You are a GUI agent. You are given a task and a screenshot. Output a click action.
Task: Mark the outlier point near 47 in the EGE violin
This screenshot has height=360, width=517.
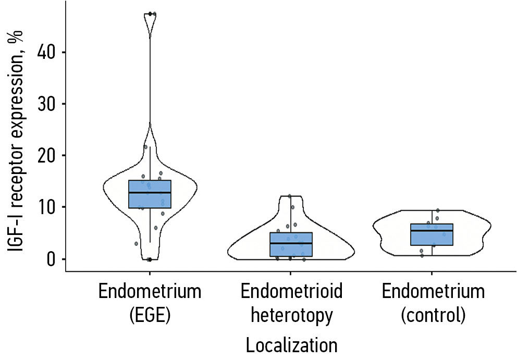150,14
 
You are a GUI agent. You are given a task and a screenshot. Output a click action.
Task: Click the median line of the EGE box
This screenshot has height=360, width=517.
150,193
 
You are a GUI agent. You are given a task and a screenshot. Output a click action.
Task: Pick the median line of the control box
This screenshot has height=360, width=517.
432,230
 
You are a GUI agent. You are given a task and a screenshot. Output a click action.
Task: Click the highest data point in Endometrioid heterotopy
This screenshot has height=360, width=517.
290,196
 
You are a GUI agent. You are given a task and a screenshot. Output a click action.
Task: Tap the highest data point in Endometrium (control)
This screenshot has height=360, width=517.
438,210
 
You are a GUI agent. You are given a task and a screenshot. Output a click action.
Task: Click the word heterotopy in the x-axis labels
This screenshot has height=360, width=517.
291,315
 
